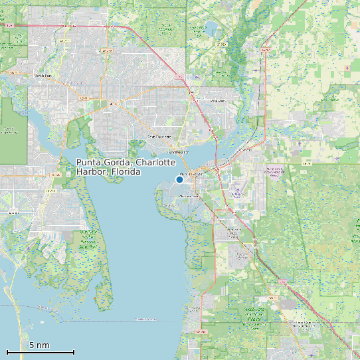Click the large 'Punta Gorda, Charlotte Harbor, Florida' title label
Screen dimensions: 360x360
point(126,167)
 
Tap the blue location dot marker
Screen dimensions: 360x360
point(179,179)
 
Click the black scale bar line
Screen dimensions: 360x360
point(40,351)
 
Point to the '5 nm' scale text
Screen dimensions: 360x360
point(39,345)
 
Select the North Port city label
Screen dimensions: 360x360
point(43,76)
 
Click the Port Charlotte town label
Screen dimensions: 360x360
point(159,137)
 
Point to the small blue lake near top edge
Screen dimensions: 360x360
point(211,29)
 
